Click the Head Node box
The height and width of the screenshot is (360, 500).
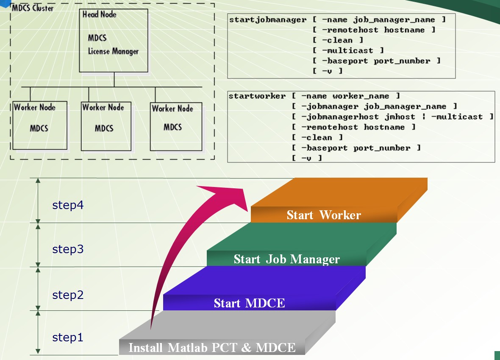(x=114, y=40)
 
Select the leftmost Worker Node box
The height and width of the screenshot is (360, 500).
(x=40, y=125)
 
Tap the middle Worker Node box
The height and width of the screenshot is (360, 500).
(x=106, y=126)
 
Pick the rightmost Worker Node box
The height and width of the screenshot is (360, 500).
(x=175, y=127)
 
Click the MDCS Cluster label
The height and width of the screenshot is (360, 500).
(x=33, y=8)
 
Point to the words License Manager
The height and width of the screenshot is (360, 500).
(x=113, y=51)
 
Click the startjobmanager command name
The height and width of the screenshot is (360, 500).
(x=267, y=20)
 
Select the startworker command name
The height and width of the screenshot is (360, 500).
(x=257, y=96)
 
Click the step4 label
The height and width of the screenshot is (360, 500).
(x=68, y=205)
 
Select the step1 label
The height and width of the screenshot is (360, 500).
(x=68, y=338)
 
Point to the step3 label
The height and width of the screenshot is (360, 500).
(x=68, y=249)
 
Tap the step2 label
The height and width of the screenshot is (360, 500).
(x=68, y=295)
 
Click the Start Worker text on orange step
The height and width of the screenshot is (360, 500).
(x=324, y=215)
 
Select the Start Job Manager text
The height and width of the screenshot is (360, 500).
(x=286, y=259)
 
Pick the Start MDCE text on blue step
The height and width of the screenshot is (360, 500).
(x=249, y=303)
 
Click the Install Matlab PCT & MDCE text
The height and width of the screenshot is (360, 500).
(x=212, y=348)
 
